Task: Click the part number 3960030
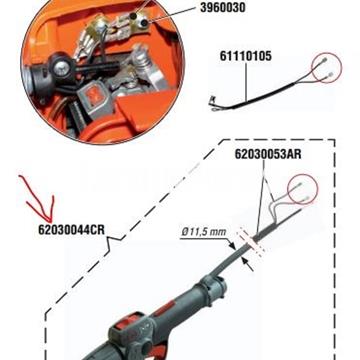(x=222, y=8)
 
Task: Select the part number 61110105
(x=246, y=56)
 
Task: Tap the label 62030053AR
(x=268, y=154)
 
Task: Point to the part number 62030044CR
(x=72, y=229)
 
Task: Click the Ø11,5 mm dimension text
(x=204, y=232)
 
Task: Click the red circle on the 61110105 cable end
(x=327, y=68)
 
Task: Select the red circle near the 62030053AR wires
(x=303, y=189)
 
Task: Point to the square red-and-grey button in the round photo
(x=94, y=99)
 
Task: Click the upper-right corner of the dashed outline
(x=335, y=140)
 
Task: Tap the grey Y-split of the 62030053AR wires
(x=274, y=201)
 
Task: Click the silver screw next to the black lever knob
(x=60, y=68)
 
